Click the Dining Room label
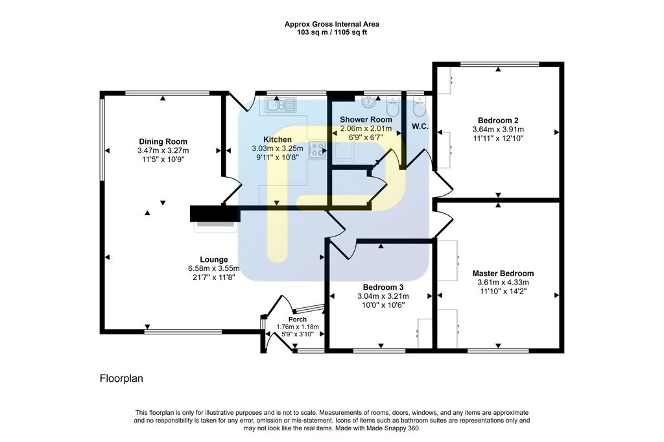point(163,141)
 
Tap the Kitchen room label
point(278,139)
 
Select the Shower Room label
point(366,119)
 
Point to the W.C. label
point(420,126)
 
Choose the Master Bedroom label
point(503,273)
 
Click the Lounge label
point(214,259)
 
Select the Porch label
point(297,320)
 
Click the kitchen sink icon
point(280,105)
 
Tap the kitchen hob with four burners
point(317,150)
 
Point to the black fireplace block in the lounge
point(215,214)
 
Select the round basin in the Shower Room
point(369,102)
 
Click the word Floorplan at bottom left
point(121,378)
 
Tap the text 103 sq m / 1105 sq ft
point(332,32)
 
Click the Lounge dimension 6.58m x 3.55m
point(214,268)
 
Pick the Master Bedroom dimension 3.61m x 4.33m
point(503,283)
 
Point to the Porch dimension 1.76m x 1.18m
point(297,327)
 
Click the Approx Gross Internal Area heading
point(332,24)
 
